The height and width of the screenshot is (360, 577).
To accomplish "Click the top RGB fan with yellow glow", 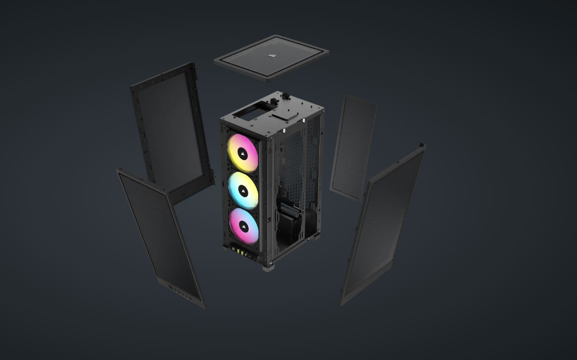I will click(x=243, y=153).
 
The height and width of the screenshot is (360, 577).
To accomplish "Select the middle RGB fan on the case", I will click(x=243, y=190).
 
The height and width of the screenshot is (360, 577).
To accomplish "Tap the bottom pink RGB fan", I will click(x=244, y=226).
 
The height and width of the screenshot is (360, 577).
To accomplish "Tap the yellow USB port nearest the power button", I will click(x=239, y=252).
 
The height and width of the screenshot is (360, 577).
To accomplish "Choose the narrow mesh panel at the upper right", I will click(x=353, y=148).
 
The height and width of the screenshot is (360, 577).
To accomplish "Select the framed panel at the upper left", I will click(x=171, y=129).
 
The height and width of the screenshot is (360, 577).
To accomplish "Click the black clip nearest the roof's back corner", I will click(x=285, y=96).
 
